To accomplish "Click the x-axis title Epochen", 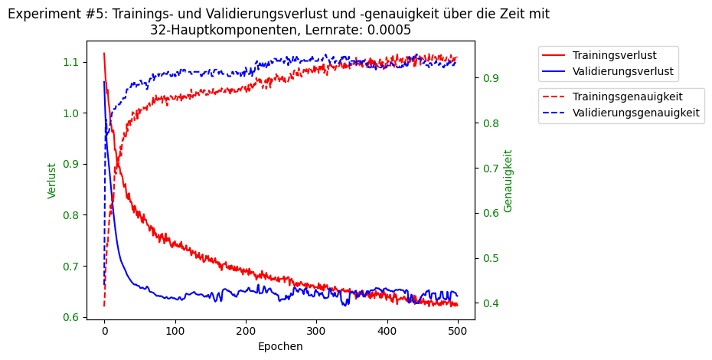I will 280,346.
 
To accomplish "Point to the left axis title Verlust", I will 52,181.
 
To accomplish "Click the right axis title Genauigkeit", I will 508,181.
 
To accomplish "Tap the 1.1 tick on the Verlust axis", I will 70,62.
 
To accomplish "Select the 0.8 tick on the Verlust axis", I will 70,215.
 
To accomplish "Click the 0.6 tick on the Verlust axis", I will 70,318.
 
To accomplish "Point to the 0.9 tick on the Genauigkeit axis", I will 489,78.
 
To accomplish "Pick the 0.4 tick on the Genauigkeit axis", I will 489,303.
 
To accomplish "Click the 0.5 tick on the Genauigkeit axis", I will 489,258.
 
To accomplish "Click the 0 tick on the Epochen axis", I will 104,330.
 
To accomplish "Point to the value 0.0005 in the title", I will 388,30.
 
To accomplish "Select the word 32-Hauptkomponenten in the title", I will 207,30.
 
